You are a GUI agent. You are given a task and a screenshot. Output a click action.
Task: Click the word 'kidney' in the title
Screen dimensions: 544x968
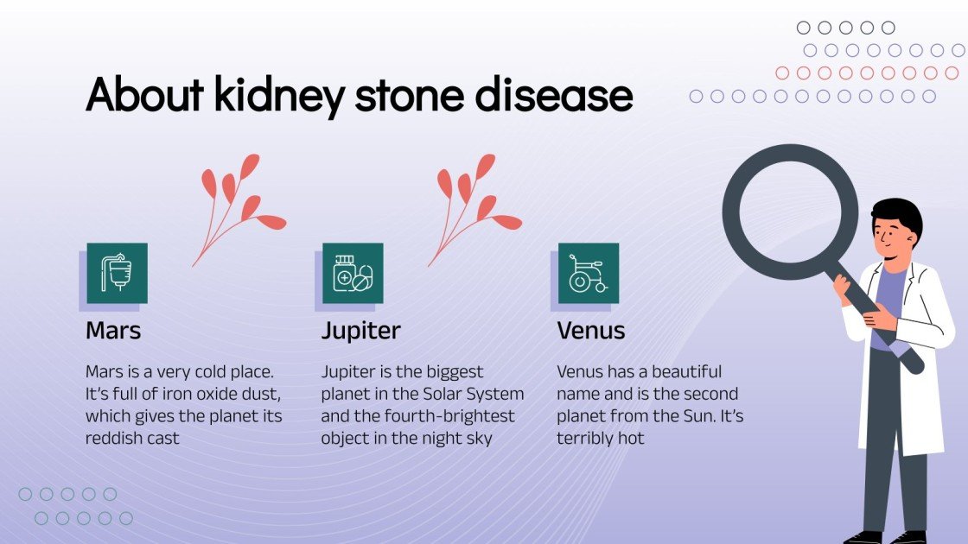278,96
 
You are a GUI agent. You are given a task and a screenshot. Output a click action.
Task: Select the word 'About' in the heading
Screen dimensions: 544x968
143,96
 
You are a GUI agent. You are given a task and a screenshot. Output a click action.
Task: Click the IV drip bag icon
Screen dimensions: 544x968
117,273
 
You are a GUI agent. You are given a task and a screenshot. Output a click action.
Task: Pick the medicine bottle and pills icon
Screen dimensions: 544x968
353,273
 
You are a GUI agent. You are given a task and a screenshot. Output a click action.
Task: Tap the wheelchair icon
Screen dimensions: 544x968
589,273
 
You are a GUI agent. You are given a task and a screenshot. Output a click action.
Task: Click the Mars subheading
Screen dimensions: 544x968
113,331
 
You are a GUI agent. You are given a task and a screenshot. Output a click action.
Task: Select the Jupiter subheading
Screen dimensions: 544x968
361,331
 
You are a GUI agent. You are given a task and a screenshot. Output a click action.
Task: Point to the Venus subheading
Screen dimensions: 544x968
591,331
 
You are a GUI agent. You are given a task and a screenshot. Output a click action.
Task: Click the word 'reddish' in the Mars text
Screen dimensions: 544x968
115,438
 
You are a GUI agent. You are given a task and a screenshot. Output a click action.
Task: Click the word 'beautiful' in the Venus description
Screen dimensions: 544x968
686,372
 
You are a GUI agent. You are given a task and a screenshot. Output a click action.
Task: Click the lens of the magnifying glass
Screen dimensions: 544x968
790,212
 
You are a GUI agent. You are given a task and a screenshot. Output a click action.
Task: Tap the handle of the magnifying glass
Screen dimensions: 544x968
873,319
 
